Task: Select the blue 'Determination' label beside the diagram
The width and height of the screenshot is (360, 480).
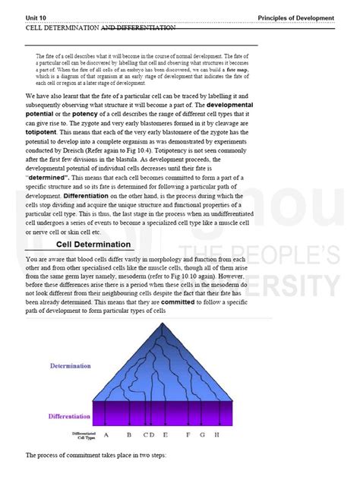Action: (71, 366)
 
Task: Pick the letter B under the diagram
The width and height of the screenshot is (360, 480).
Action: (129, 435)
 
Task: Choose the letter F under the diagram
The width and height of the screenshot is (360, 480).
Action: (188, 435)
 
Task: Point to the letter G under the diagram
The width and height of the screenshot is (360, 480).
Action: (203, 435)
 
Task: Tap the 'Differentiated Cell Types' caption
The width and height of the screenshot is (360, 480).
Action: (83, 436)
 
